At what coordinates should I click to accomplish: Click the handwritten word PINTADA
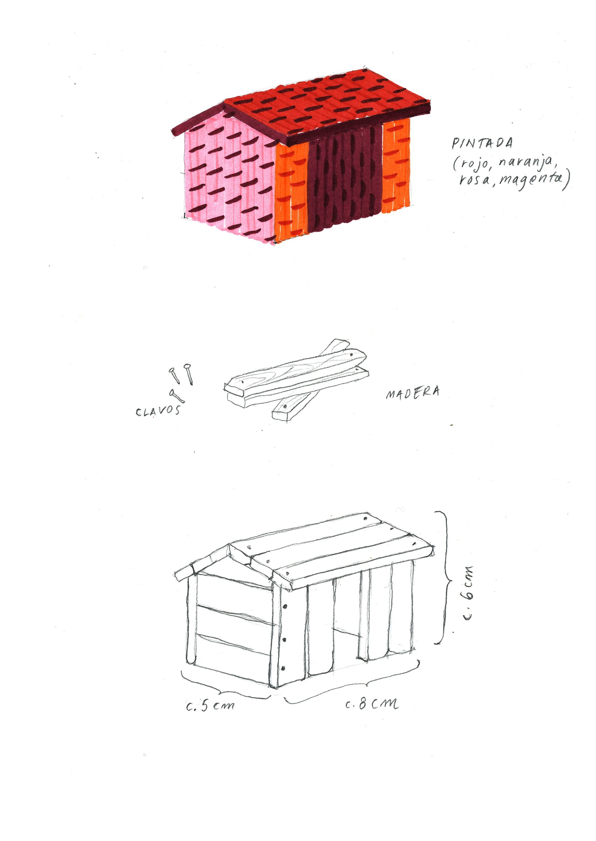tap(482, 143)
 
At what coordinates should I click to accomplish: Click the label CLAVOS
tap(158, 410)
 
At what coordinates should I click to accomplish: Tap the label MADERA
tap(412, 393)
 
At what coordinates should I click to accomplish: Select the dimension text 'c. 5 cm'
tap(210, 706)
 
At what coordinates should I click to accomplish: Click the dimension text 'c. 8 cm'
tap(371, 704)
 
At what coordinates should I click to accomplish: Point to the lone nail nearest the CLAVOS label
tap(177, 396)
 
